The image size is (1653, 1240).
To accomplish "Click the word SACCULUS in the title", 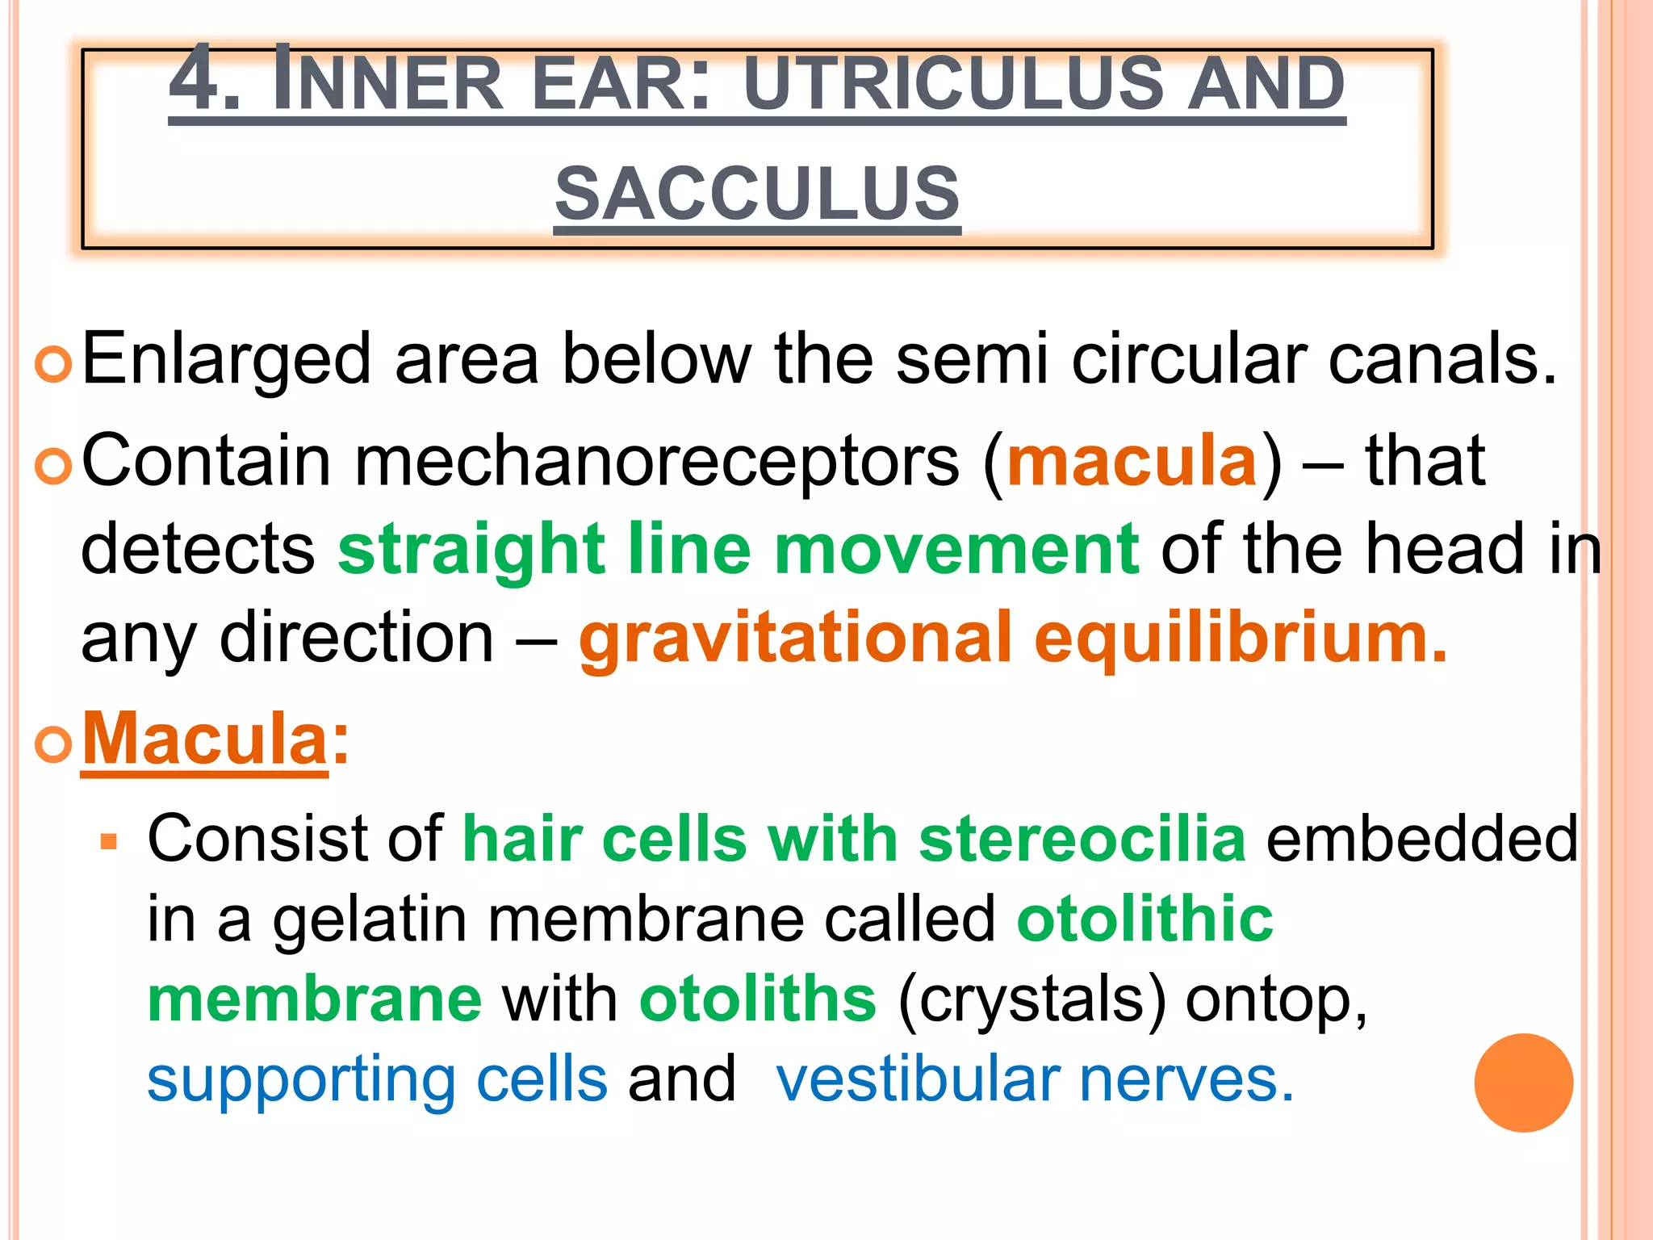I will [757, 194].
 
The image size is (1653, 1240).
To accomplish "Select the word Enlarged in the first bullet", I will [227, 360].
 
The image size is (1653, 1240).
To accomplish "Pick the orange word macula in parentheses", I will [1132, 461].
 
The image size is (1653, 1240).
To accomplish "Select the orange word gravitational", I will [795, 639].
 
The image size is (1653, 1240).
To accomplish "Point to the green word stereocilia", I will [1082, 840].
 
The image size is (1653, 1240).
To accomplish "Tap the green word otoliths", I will [757, 999].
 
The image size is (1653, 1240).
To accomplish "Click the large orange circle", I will [1523, 1083].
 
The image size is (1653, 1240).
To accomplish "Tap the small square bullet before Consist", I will [109, 843].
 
